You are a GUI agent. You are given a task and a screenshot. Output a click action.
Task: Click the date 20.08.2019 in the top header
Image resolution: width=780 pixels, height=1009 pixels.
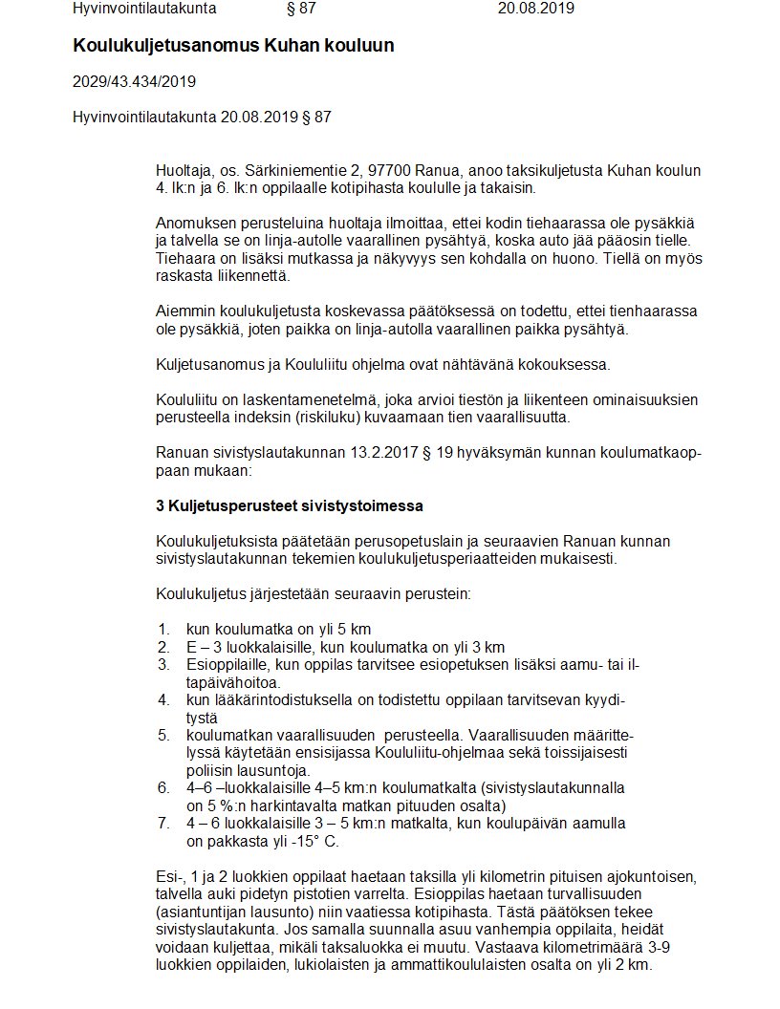click(536, 9)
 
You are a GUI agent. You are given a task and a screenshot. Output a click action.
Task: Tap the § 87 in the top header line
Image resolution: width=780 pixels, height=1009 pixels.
click(301, 9)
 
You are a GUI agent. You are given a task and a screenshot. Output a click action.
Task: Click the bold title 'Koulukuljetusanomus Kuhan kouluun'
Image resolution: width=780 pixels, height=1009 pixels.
click(233, 46)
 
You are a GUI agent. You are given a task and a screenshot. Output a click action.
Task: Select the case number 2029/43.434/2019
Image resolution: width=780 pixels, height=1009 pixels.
click(135, 81)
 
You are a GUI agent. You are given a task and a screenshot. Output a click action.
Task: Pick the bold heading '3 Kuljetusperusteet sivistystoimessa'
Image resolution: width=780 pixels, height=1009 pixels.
click(290, 504)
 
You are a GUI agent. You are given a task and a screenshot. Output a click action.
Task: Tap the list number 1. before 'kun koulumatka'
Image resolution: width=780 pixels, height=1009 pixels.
click(164, 629)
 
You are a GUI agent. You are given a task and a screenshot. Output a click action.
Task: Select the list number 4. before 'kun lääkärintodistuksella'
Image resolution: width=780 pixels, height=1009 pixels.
click(164, 699)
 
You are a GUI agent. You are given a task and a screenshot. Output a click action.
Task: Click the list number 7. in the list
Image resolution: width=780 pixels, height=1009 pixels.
click(164, 823)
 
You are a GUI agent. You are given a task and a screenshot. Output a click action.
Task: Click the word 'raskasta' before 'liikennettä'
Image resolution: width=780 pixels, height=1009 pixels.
click(184, 275)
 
